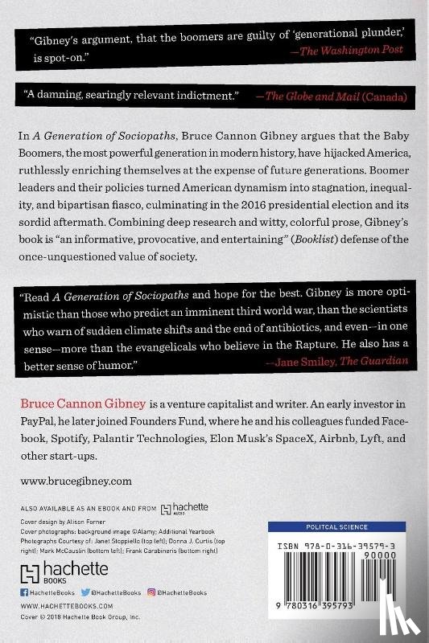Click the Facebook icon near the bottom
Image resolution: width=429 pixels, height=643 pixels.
click(24, 592)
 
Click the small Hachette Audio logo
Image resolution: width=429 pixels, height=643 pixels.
click(185, 508)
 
